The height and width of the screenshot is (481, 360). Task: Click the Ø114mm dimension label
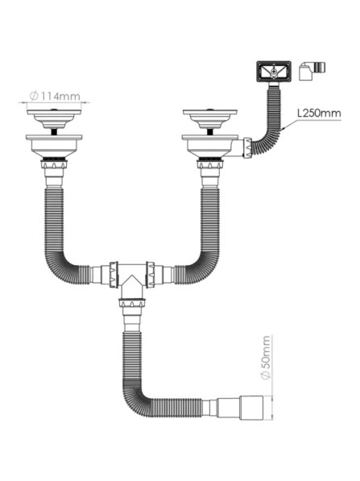[x=55, y=97]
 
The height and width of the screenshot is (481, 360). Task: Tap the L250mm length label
[x=319, y=113]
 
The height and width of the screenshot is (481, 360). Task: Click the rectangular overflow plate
[x=274, y=72]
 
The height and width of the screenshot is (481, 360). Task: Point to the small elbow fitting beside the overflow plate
[x=312, y=71]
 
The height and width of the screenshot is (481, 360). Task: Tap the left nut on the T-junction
[x=114, y=274]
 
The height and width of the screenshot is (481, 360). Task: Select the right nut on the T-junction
[x=151, y=274]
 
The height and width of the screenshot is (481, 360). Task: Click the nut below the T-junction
[x=132, y=303]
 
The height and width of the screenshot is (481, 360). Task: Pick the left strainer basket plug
[x=54, y=118]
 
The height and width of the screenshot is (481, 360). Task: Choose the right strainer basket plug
[x=210, y=118]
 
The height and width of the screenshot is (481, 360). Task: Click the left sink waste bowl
[x=54, y=146]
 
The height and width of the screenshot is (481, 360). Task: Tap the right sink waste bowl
[x=210, y=146]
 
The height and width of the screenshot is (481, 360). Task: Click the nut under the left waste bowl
[x=54, y=164]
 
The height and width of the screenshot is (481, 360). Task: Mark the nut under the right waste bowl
[x=210, y=164]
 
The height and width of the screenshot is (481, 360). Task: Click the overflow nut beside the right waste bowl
[x=247, y=148]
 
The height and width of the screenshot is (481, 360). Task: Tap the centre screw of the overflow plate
[x=274, y=72]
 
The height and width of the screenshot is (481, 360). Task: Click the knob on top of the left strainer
[x=54, y=110]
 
